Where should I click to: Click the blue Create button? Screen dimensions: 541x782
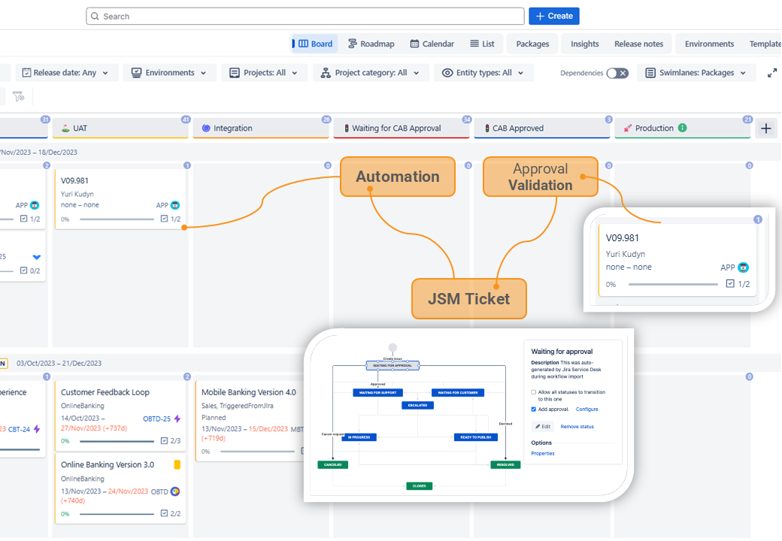coord(553,16)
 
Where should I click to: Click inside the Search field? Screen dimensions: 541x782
coord(305,16)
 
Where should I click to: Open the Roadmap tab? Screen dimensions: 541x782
coord(371,44)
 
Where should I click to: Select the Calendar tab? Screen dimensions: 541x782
coord(432,44)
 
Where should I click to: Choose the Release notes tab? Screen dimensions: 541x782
coord(638,44)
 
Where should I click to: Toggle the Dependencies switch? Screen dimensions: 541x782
coord(617,73)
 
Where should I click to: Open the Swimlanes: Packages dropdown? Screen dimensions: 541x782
coord(696,73)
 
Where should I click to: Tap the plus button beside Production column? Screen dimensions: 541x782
coord(766,128)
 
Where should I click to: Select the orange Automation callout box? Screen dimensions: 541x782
coord(398,177)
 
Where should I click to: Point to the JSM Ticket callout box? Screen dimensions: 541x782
coord(468,298)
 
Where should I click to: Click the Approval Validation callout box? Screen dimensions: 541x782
coord(540,177)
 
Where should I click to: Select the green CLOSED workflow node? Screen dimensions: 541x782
coord(419,485)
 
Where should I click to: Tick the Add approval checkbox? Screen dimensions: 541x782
coord(534,410)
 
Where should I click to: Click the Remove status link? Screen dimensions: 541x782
coord(577,427)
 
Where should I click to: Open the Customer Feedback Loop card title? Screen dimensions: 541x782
coord(105,392)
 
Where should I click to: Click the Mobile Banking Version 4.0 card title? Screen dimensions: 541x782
coord(248,392)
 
